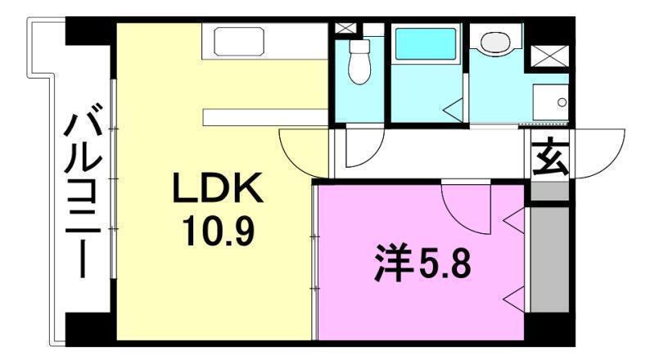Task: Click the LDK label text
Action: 216,191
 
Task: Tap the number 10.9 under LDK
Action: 216,232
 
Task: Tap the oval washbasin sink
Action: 496,42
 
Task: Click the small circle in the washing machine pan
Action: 562,102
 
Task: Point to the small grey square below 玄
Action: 549,192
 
